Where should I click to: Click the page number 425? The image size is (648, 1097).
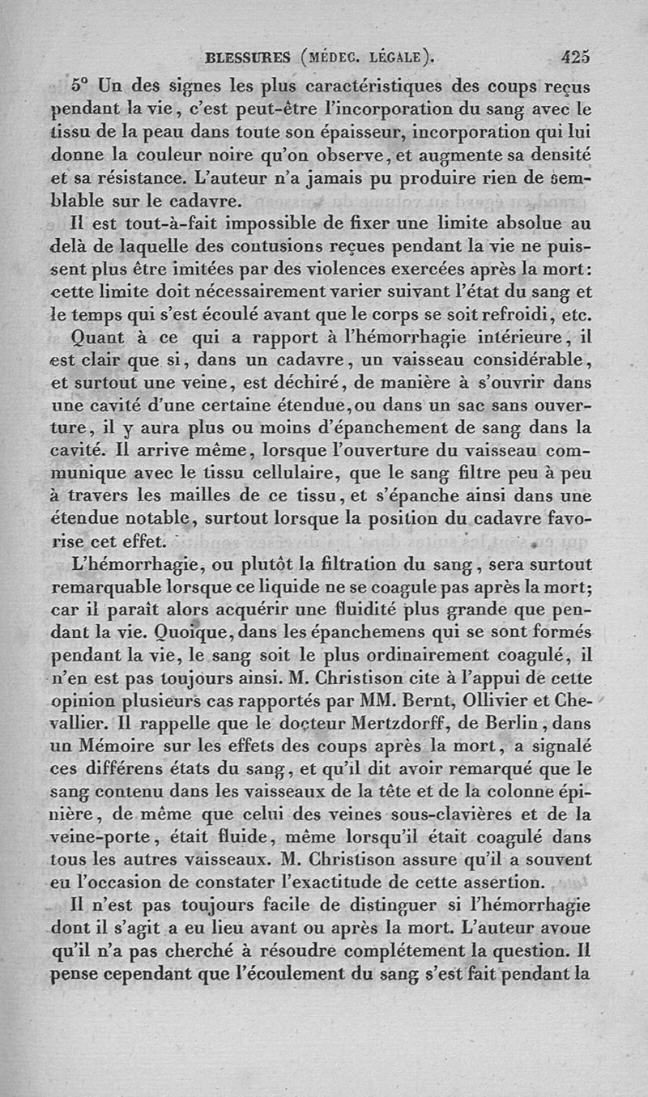point(573,57)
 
